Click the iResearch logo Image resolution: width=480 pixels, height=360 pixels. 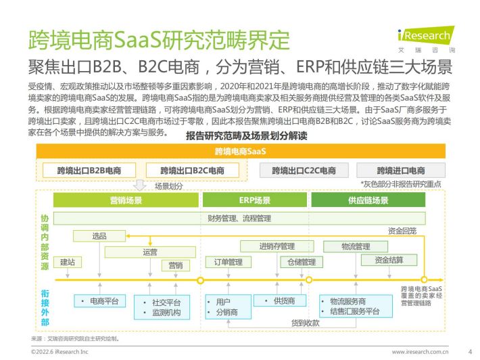[x=427, y=39]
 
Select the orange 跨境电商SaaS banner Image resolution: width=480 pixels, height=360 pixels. [x=241, y=151]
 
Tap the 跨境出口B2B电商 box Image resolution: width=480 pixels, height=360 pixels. [x=89, y=171]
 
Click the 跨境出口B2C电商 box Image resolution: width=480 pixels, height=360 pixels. [x=192, y=171]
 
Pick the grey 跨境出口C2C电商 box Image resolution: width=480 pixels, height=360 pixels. [x=304, y=171]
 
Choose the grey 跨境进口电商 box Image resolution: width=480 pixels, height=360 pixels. [x=401, y=171]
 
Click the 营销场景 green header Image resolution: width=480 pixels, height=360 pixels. [x=126, y=200]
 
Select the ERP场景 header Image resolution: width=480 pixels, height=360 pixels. [x=255, y=200]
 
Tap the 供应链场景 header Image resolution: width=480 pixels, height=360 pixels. [x=368, y=200]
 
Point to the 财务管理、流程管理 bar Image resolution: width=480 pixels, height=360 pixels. [x=239, y=219]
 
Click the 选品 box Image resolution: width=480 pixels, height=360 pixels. [x=99, y=236]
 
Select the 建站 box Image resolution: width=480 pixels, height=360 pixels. [x=68, y=262]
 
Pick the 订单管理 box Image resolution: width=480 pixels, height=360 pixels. [x=229, y=262]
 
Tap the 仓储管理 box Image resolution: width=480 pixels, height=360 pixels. [x=302, y=262]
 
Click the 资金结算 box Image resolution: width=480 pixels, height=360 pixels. [x=389, y=260]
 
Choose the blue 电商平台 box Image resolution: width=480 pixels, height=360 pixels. [x=100, y=301]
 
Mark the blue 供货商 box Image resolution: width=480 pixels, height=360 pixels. [x=280, y=300]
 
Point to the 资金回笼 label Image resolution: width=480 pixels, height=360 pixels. [x=402, y=231]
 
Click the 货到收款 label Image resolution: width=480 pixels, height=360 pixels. [x=305, y=323]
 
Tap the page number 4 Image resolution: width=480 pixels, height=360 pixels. [x=470, y=352]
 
